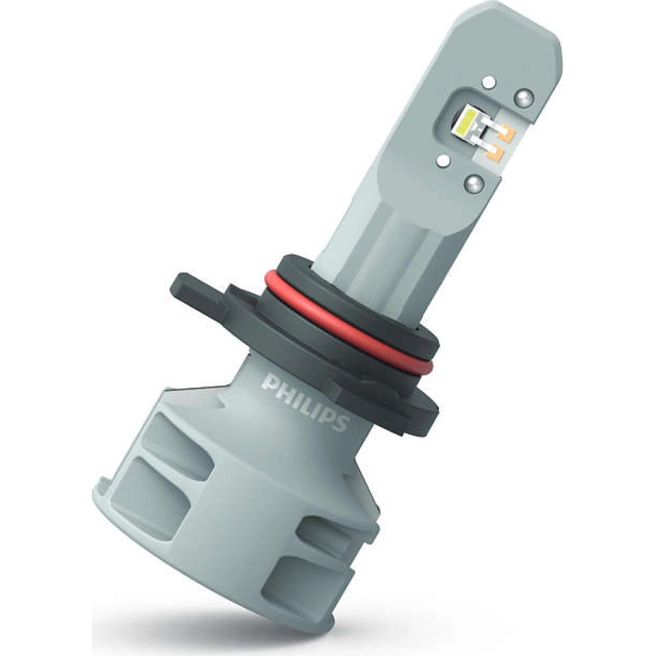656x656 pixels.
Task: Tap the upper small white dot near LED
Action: coord(487,82)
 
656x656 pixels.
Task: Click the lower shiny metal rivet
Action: coord(475,183)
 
